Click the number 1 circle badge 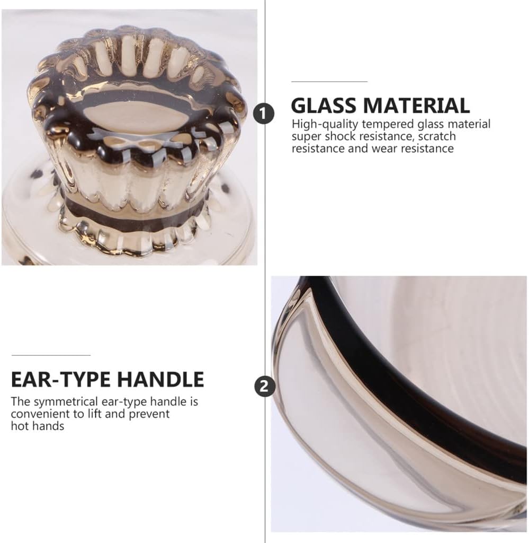[x=264, y=113]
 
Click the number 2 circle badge [x=265, y=386]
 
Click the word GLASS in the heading [x=324, y=106]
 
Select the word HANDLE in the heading [x=161, y=379]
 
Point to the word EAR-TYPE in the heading [x=60, y=379]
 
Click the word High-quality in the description [x=325, y=124]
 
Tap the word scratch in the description [x=437, y=136]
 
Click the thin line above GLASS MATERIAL [x=329, y=82]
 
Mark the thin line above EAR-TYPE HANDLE [x=51, y=355]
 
